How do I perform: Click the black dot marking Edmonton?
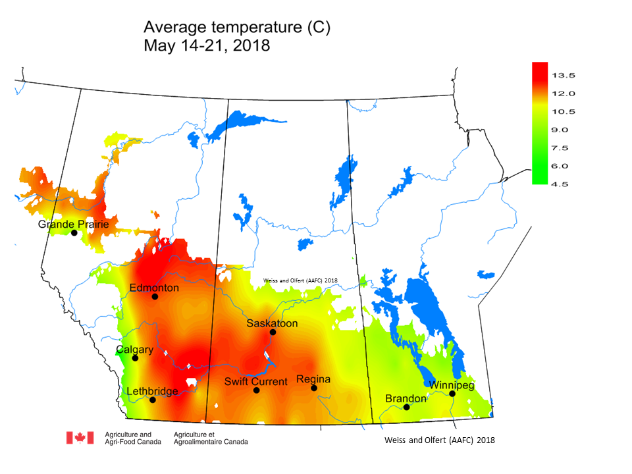click(155, 296)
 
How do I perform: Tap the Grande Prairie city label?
click(73, 224)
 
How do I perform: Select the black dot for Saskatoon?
click(273, 332)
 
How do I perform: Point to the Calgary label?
click(135, 350)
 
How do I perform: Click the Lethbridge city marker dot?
click(153, 400)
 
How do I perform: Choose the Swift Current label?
click(255, 381)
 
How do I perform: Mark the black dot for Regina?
click(314, 388)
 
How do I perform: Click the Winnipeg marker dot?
click(452, 394)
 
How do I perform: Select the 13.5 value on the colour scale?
click(564, 75)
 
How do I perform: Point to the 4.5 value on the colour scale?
click(564, 184)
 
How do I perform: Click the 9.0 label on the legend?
click(564, 130)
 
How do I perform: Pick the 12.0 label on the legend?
click(564, 93)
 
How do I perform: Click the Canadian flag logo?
click(80, 438)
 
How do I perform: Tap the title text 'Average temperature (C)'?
click(236, 28)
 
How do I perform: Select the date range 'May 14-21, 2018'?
click(207, 46)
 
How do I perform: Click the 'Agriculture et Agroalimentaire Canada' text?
click(211, 438)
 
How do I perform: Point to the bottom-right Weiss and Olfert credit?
click(439, 440)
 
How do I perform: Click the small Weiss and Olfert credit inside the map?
click(300, 280)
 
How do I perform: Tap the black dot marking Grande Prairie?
click(74, 233)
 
